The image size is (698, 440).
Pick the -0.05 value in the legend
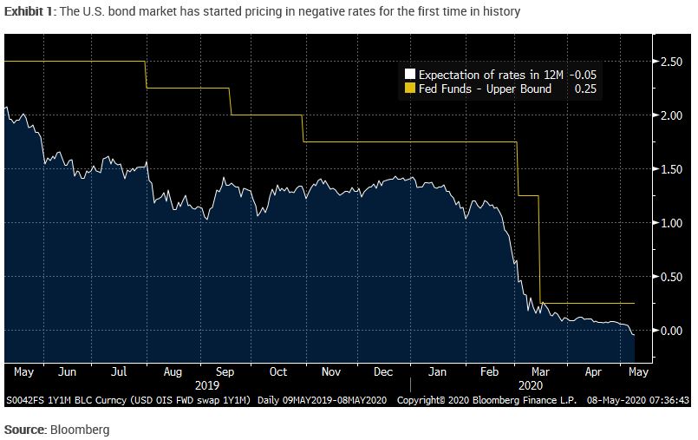pos(583,76)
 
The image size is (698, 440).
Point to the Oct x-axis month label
pos(277,371)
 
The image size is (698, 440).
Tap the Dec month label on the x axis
pos(383,371)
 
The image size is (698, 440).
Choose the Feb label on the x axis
pos(490,371)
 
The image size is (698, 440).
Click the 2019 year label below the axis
pos(208,384)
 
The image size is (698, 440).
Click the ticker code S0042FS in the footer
pos(26,401)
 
